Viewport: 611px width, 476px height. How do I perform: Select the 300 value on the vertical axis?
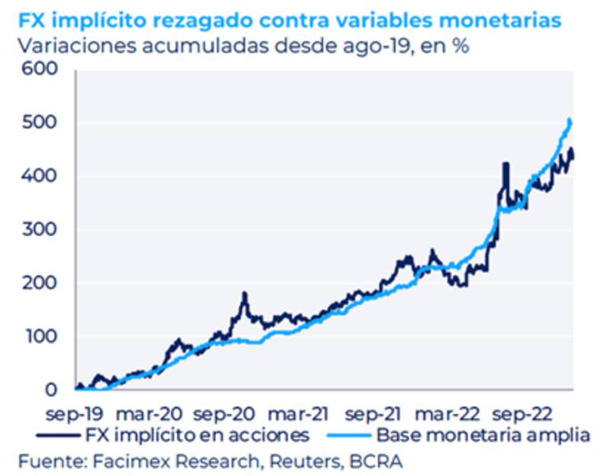[x=42, y=230]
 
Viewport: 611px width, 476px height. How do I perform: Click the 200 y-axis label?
[x=42, y=283]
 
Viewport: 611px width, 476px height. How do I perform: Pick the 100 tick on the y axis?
[x=42, y=337]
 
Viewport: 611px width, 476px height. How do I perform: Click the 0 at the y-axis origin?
[x=51, y=390]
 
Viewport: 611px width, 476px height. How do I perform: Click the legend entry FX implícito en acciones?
[x=195, y=436]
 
